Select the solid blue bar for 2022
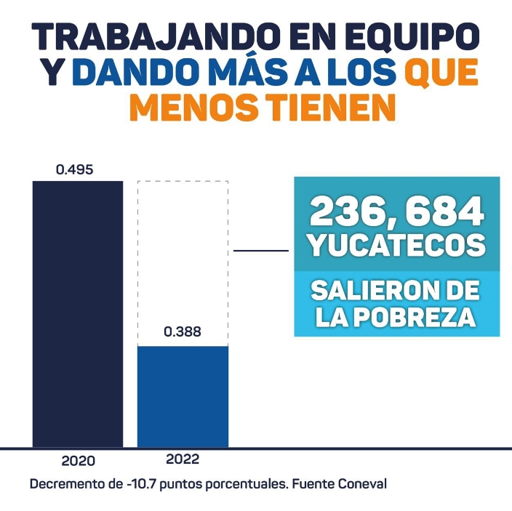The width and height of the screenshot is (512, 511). pos(183,396)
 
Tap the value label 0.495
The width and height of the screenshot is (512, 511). pos(75,170)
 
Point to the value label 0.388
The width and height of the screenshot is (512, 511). pos(183,332)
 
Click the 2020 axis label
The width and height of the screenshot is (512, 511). pos(78,462)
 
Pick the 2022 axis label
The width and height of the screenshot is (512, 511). pos(183,459)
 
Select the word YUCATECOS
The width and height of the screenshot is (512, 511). pos(397,246)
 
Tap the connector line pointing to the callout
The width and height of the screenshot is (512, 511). pos(262,251)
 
